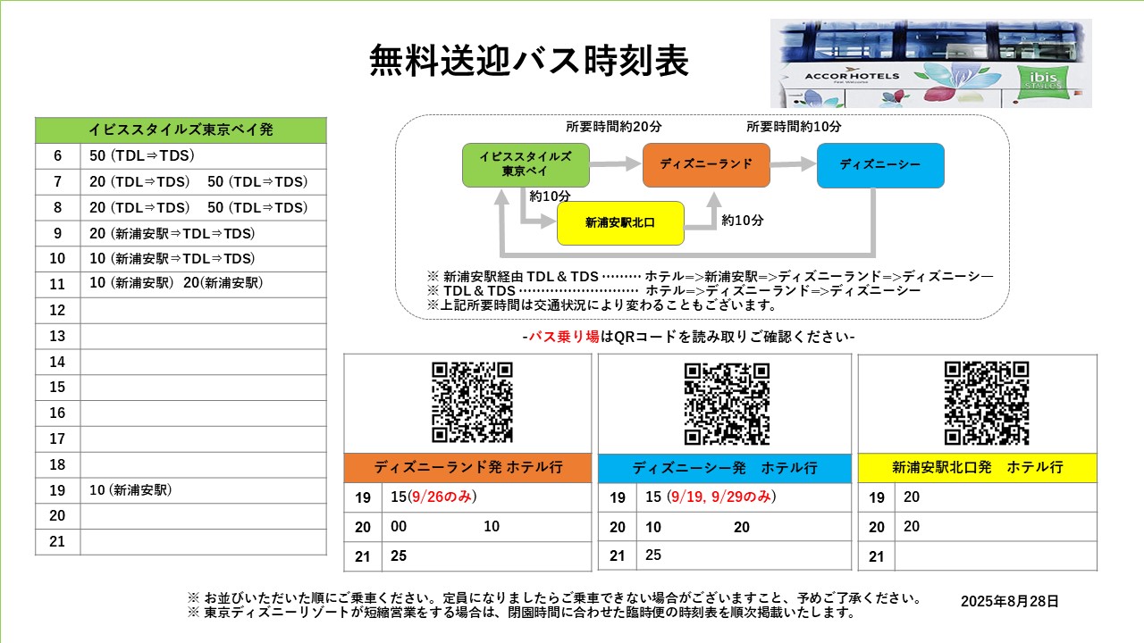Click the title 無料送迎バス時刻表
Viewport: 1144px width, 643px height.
click(x=529, y=60)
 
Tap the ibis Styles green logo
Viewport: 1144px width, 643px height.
click(x=1042, y=81)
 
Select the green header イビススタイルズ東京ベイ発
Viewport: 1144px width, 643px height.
click(x=181, y=129)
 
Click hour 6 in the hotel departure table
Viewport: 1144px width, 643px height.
click(x=58, y=155)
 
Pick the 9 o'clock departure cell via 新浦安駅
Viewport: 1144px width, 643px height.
click(x=172, y=233)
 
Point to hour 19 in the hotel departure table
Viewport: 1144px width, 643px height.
click(x=57, y=490)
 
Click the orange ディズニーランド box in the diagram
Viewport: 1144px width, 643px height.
click(x=706, y=165)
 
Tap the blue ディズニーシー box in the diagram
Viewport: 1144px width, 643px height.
click(x=880, y=165)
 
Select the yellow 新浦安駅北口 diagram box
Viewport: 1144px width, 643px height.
click(x=620, y=223)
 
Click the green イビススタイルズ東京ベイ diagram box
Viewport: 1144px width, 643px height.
click(x=526, y=165)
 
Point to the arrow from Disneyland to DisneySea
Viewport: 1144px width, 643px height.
click(x=793, y=163)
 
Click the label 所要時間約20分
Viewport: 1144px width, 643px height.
click(x=613, y=127)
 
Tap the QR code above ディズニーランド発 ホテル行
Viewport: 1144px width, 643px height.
click(x=472, y=402)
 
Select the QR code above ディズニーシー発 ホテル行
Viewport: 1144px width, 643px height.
click(x=727, y=404)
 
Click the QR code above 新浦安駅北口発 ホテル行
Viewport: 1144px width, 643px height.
click(x=986, y=403)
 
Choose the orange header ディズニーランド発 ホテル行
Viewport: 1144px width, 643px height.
click(x=467, y=467)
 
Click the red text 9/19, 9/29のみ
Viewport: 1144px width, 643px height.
click(x=720, y=497)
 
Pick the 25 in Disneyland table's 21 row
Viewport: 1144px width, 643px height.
click(x=399, y=555)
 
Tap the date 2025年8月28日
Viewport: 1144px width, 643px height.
click(x=1010, y=601)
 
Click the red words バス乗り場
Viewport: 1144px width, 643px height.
click(x=564, y=337)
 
